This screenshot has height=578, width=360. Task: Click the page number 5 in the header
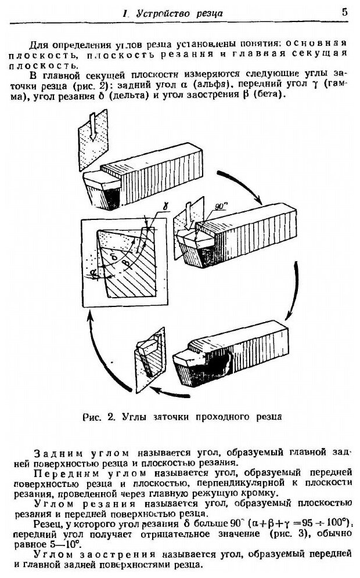point(345,12)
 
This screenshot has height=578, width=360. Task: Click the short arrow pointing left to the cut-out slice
point(180,394)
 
